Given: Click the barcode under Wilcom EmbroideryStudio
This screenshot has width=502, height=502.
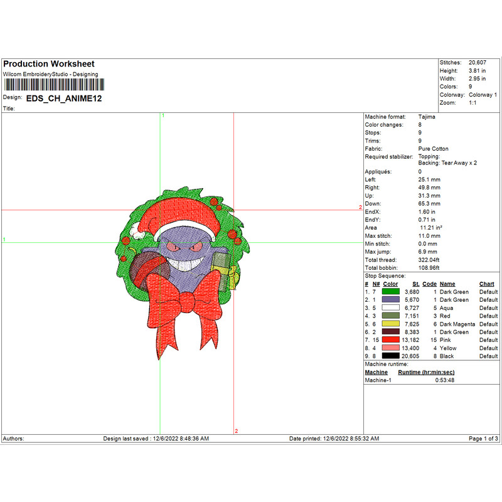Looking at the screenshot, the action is click(54, 85).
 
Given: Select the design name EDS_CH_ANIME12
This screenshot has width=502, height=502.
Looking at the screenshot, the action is click(64, 99).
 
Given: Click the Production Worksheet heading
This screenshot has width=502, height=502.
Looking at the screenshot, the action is click(49, 64).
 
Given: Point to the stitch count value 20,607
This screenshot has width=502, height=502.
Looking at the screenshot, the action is click(478, 62).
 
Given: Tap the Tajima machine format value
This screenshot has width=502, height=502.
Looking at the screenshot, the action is click(427, 117).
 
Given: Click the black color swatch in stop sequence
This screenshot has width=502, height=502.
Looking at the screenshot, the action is click(390, 356).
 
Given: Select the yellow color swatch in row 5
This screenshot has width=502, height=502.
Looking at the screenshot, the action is click(390, 324).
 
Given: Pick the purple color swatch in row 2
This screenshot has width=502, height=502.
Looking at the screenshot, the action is click(390, 300).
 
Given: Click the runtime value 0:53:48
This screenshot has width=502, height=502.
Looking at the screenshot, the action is click(445, 380).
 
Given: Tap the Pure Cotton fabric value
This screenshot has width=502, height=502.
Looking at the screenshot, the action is click(433, 149).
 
